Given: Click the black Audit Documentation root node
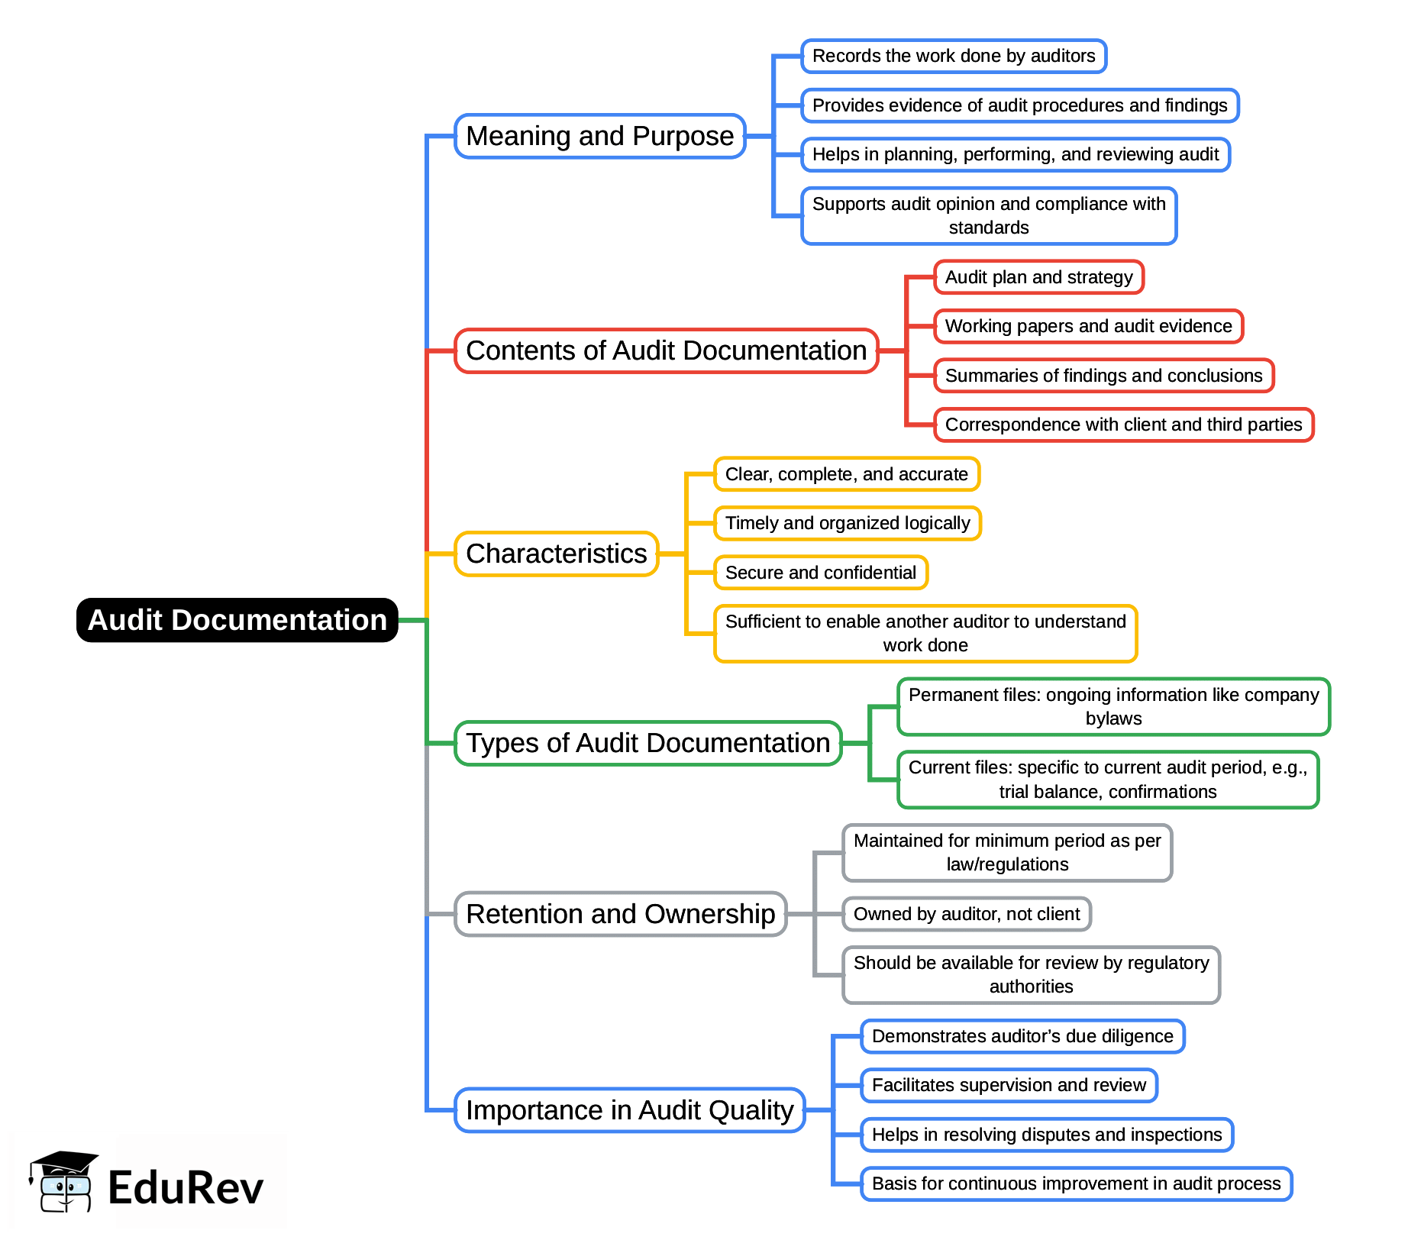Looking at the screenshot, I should coord(237,620).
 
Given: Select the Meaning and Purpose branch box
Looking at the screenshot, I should coord(599,136).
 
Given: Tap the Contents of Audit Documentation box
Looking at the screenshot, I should coord(666,350).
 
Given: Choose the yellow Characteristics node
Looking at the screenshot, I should coord(556,554).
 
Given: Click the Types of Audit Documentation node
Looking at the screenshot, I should coord(647,743).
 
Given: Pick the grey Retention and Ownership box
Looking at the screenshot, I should coord(620,914).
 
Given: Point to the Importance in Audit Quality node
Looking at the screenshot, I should coord(629,1110).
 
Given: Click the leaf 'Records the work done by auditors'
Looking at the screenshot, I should coord(953,56).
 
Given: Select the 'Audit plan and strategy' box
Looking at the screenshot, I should coord(1038,277).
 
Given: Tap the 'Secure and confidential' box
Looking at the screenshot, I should coord(820,573).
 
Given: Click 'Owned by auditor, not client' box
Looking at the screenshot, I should coord(966,914).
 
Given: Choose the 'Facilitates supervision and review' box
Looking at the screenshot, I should coord(1009,1085).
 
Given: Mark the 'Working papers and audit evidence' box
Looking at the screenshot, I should coord(1088,326).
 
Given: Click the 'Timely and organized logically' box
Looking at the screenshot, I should coord(847,523).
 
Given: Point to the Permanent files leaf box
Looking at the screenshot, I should coord(1113,706).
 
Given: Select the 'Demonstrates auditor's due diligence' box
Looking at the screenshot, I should coord(1022,1036).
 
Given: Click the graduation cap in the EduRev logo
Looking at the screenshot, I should coord(65,1164).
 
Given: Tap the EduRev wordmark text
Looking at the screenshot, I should coord(186,1188).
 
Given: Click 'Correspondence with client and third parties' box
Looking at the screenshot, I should coord(1123,425).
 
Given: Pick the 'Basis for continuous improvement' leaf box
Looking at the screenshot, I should coord(1076,1183).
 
